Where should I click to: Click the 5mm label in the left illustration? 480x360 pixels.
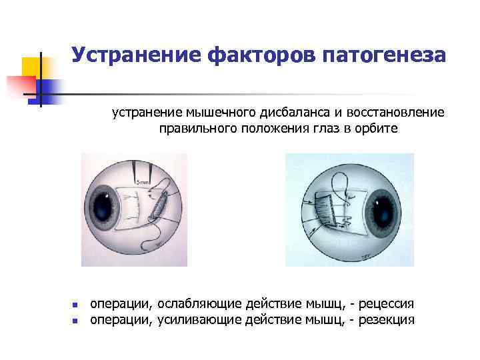[142, 182]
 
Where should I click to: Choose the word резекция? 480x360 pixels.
[386, 320]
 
